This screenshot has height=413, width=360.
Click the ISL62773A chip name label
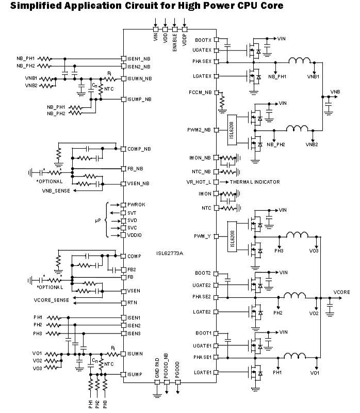coord(170,253)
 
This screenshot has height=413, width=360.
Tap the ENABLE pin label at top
coord(175,40)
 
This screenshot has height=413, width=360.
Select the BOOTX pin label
coord(203,40)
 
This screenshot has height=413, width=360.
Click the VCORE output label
coord(342,292)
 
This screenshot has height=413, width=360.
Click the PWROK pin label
coord(137,204)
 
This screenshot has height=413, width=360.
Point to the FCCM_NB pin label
coord(201,92)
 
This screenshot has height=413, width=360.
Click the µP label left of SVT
coord(98,220)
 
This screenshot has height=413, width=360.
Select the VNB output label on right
coord(335,92)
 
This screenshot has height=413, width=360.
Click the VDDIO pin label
coord(135,235)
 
